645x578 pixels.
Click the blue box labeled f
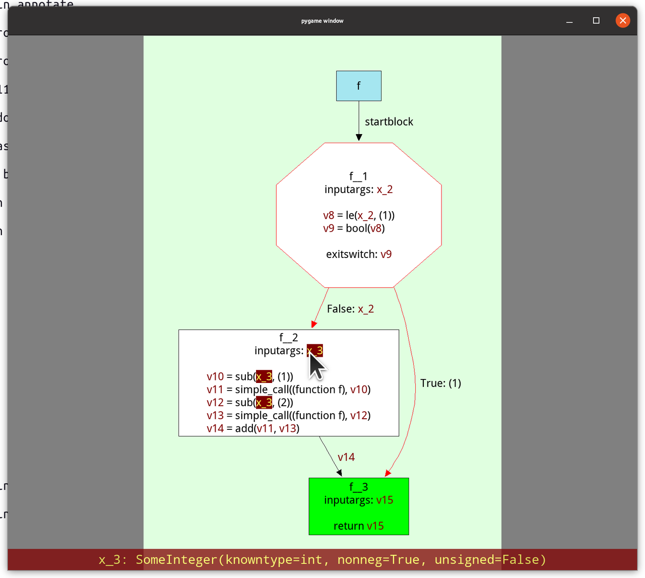tap(359, 86)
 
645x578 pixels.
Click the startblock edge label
tap(389, 122)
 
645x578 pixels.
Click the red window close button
tap(623, 21)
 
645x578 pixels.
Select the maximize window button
tap(596, 21)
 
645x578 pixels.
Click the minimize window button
tap(569, 21)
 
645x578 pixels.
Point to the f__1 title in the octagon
tap(358, 176)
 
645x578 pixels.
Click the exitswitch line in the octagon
tap(359, 254)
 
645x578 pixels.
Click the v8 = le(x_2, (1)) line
tap(359, 216)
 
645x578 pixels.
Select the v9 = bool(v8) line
tap(354, 228)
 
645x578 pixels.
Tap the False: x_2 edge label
tap(350, 309)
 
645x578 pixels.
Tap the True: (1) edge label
tap(440, 383)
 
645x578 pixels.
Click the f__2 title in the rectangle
tap(289, 338)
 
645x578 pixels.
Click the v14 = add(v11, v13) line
tap(253, 428)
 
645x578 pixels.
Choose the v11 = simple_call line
tap(288, 390)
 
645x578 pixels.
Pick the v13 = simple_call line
tap(288, 415)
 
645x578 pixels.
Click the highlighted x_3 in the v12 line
tap(264, 402)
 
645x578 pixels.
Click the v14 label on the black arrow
tap(346, 457)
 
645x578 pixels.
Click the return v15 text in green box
tap(359, 526)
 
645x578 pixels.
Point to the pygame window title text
tap(322, 21)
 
